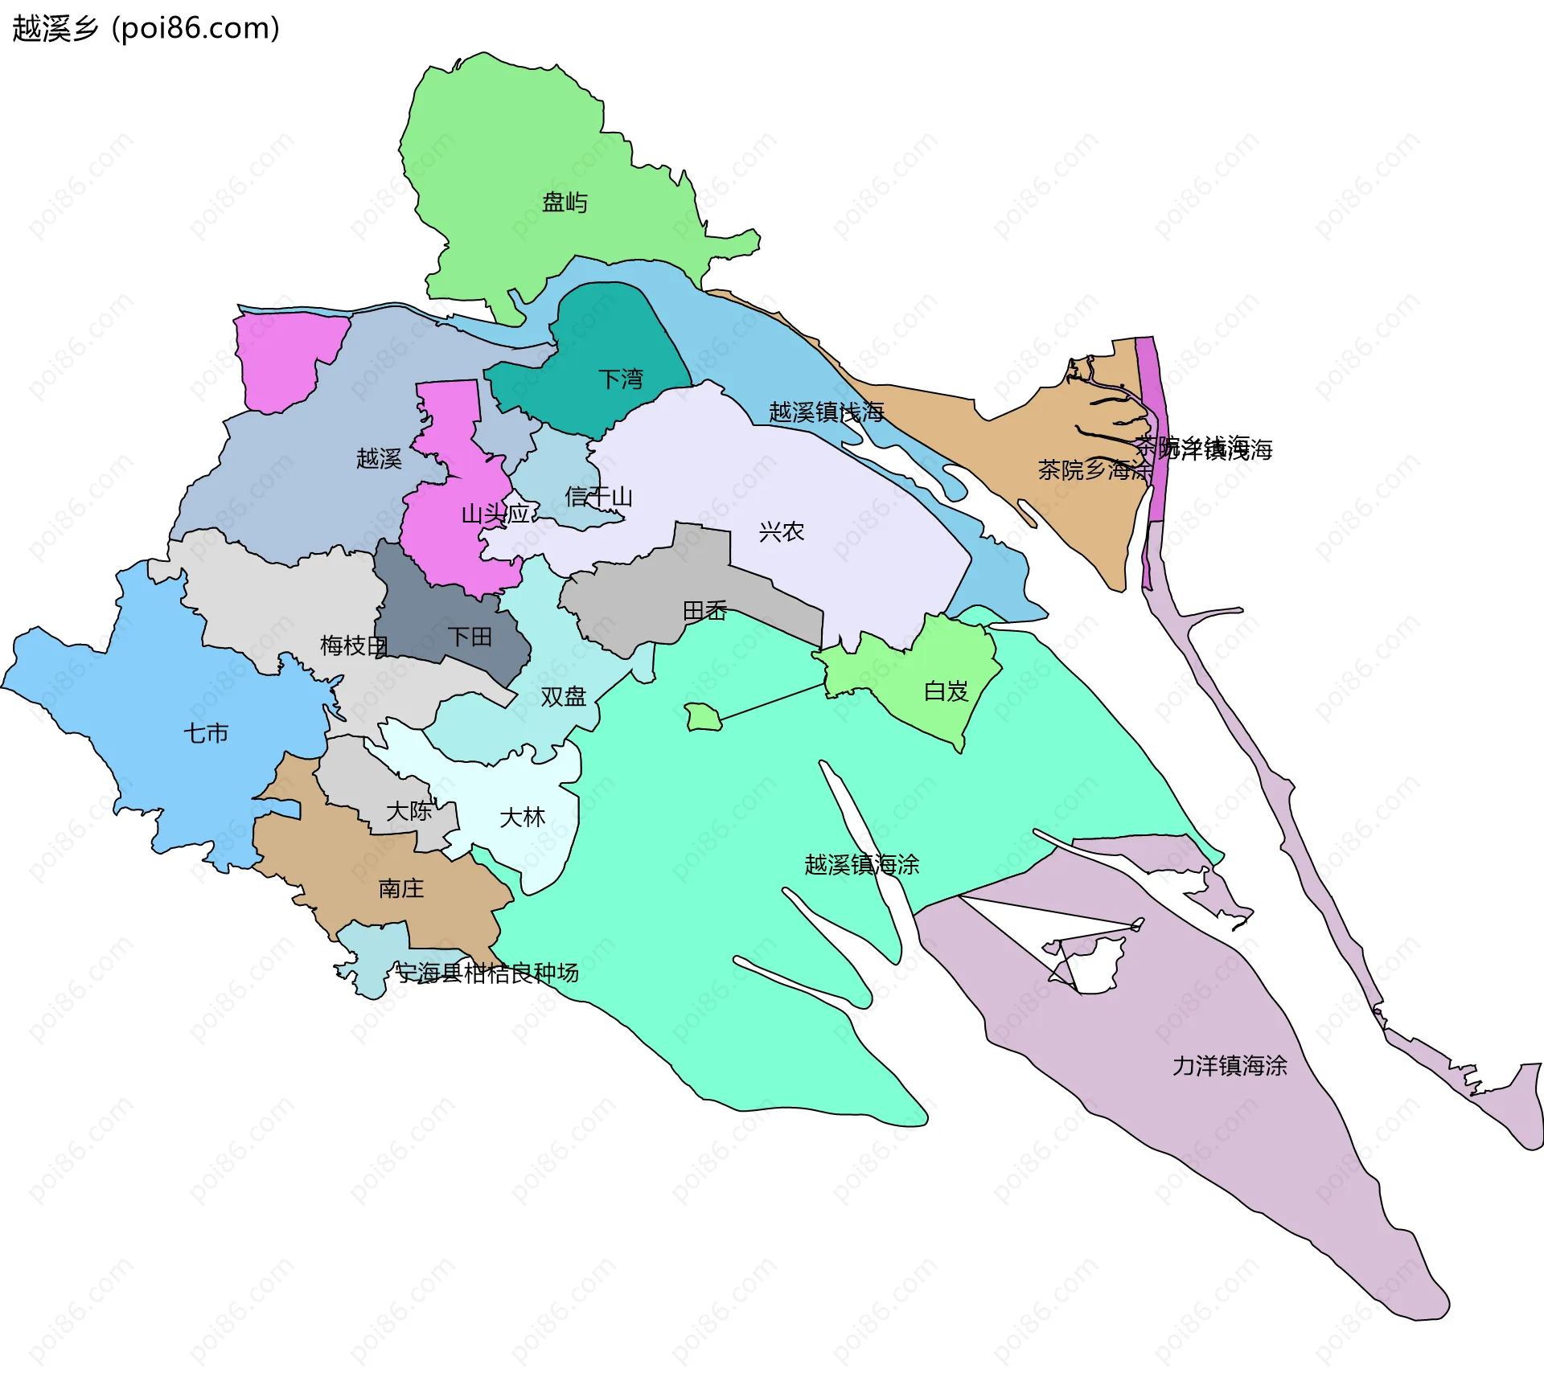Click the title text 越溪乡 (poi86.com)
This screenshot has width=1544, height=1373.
click(146, 28)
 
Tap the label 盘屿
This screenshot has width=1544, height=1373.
click(565, 202)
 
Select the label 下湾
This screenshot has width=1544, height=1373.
click(621, 379)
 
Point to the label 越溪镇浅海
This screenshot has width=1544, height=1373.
click(826, 412)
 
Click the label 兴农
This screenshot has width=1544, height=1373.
click(781, 531)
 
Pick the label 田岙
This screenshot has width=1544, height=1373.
click(704, 611)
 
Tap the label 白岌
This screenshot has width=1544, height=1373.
click(946, 691)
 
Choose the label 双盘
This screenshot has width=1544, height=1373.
click(563, 696)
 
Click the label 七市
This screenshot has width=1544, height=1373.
click(206, 733)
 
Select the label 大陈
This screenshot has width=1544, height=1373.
click(409, 811)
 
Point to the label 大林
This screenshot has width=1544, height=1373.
click(523, 818)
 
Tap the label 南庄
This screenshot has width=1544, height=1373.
click(400, 888)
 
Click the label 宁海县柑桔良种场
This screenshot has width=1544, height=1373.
click(487, 973)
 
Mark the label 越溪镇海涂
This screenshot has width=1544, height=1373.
click(861, 865)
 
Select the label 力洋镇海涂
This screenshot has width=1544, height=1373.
click(1230, 1066)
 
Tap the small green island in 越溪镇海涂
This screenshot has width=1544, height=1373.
click(703, 716)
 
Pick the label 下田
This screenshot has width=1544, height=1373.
click(470, 637)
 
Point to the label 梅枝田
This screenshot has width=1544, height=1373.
click(354, 646)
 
